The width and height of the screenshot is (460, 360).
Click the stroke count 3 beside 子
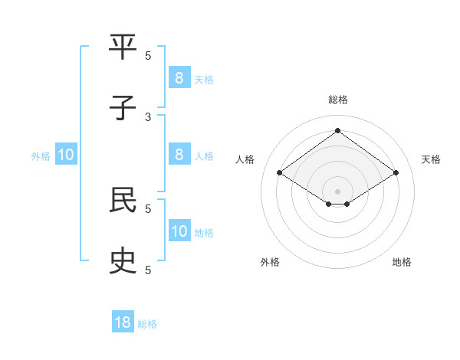click(149, 116)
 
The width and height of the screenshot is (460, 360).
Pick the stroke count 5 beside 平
click(149, 55)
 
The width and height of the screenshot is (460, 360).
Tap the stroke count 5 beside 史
click(149, 270)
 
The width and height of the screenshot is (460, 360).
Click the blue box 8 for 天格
click(179, 77)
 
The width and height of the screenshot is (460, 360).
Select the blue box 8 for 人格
click(179, 155)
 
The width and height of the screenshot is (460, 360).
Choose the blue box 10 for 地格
click(179, 231)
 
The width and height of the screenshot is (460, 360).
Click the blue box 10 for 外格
click(66, 155)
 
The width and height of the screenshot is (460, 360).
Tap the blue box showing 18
click(123, 322)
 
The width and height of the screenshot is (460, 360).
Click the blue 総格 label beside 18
click(147, 324)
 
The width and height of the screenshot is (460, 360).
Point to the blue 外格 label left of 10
click(41, 156)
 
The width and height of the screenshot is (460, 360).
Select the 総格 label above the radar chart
click(338, 100)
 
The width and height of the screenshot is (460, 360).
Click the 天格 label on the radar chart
click(431, 159)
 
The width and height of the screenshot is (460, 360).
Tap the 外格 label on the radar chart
click(270, 262)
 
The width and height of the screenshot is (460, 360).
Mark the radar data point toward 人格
click(280, 173)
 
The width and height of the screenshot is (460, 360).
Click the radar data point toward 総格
click(337, 131)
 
